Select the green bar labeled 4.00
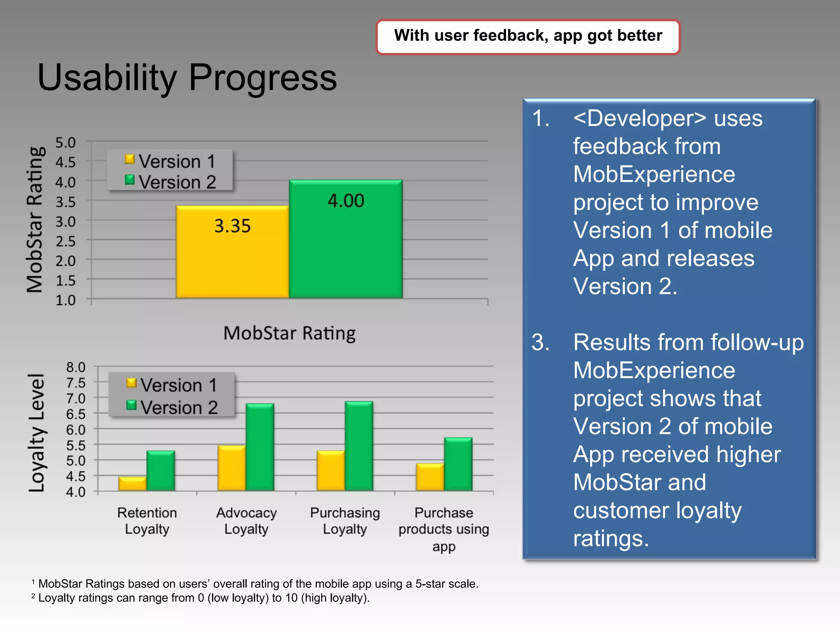coord(345,239)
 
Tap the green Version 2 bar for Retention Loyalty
coord(160,470)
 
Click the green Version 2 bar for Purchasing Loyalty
coord(359,446)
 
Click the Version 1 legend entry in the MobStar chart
coord(170,161)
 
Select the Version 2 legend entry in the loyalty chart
coord(172,407)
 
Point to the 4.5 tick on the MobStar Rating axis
coord(66,162)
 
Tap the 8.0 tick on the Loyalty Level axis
coord(75,367)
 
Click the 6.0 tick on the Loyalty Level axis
coord(75,429)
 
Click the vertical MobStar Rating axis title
coord(34,220)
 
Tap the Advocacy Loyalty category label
coord(246,520)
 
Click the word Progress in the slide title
coord(262,78)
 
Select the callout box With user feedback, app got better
coord(528,36)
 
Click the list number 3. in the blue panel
coord(541,342)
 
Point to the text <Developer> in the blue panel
coord(639,119)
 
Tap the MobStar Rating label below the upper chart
coord(289,333)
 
